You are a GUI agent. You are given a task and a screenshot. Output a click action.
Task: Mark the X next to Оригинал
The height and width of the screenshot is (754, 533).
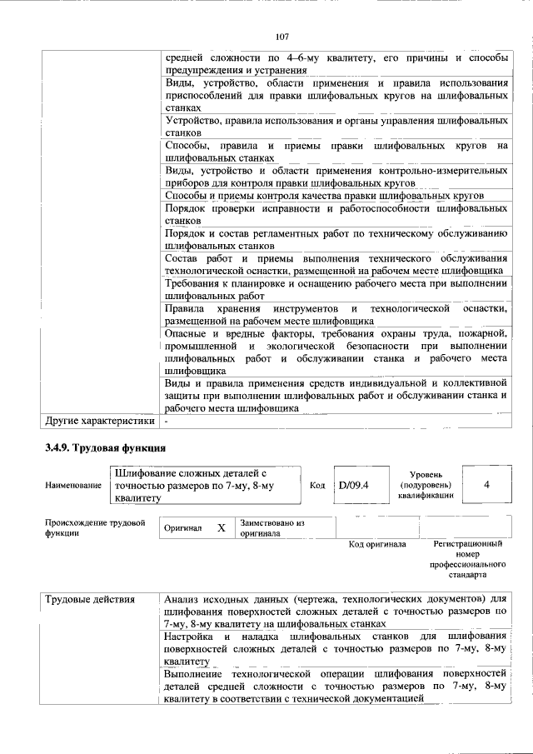coord(221,529)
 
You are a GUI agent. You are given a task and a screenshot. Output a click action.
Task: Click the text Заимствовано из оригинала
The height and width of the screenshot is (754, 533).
coord(273,528)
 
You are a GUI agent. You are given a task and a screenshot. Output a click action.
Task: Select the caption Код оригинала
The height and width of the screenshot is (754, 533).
coord(376,545)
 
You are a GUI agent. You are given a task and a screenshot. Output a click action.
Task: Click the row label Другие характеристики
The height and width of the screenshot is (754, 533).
coord(99,422)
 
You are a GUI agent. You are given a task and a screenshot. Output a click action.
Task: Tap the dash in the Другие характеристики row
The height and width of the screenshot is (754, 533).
coord(167,422)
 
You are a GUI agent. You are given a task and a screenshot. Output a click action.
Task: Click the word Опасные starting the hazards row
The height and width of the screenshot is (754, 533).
coord(187,334)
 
